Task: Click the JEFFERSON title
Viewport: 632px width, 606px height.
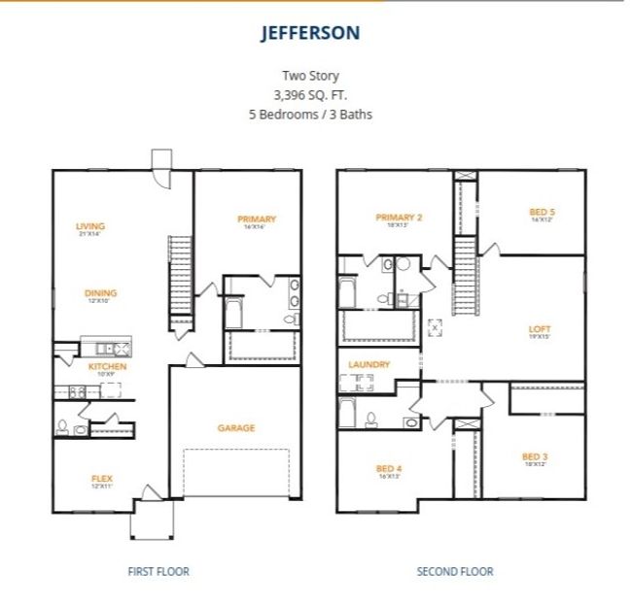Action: click(x=310, y=32)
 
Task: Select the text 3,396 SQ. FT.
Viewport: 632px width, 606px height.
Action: click(x=310, y=94)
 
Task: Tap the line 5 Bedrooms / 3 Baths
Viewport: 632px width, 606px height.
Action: click(x=310, y=114)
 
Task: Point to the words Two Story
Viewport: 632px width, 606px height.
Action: click(x=310, y=75)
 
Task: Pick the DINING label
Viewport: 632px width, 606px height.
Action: click(x=100, y=293)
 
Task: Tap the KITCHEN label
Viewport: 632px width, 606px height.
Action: click(x=107, y=366)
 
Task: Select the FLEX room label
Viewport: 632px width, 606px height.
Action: click(x=101, y=478)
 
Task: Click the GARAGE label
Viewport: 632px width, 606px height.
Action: click(x=235, y=427)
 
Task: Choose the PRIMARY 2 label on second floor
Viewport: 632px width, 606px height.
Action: click(x=399, y=218)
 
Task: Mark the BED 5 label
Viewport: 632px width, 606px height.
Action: click(x=542, y=212)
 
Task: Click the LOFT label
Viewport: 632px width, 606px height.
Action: click(x=540, y=329)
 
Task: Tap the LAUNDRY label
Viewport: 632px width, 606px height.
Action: click(x=369, y=364)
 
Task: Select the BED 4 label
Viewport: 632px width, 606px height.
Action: click(x=389, y=469)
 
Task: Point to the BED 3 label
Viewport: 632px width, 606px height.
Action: click(x=535, y=456)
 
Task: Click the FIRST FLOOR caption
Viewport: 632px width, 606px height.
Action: click(x=158, y=571)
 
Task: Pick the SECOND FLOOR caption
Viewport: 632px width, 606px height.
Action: click(x=454, y=571)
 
